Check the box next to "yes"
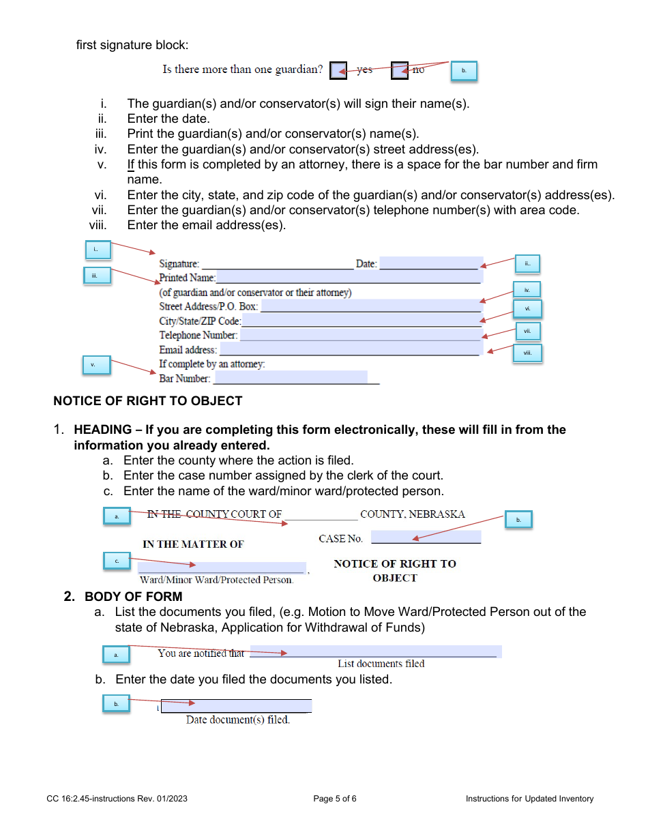(x=338, y=70)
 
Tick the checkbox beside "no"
(x=399, y=70)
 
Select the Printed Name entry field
(x=348, y=277)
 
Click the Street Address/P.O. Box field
(x=370, y=306)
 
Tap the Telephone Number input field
(x=360, y=335)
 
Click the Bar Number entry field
(x=290, y=378)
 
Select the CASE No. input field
(x=426, y=538)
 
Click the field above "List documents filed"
(x=375, y=652)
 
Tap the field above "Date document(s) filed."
(x=236, y=706)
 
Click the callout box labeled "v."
(x=93, y=365)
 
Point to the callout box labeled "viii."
(x=527, y=353)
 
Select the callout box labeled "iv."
(x=527, y=290)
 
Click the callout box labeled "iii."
(x=94, y=276)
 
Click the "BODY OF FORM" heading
(x=133, y=597)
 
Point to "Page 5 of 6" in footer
(x=335, y=799)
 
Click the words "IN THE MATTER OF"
(x=193, y=544)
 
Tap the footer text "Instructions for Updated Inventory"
(x=529, y=799)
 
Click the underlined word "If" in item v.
(x=130, y=164)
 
